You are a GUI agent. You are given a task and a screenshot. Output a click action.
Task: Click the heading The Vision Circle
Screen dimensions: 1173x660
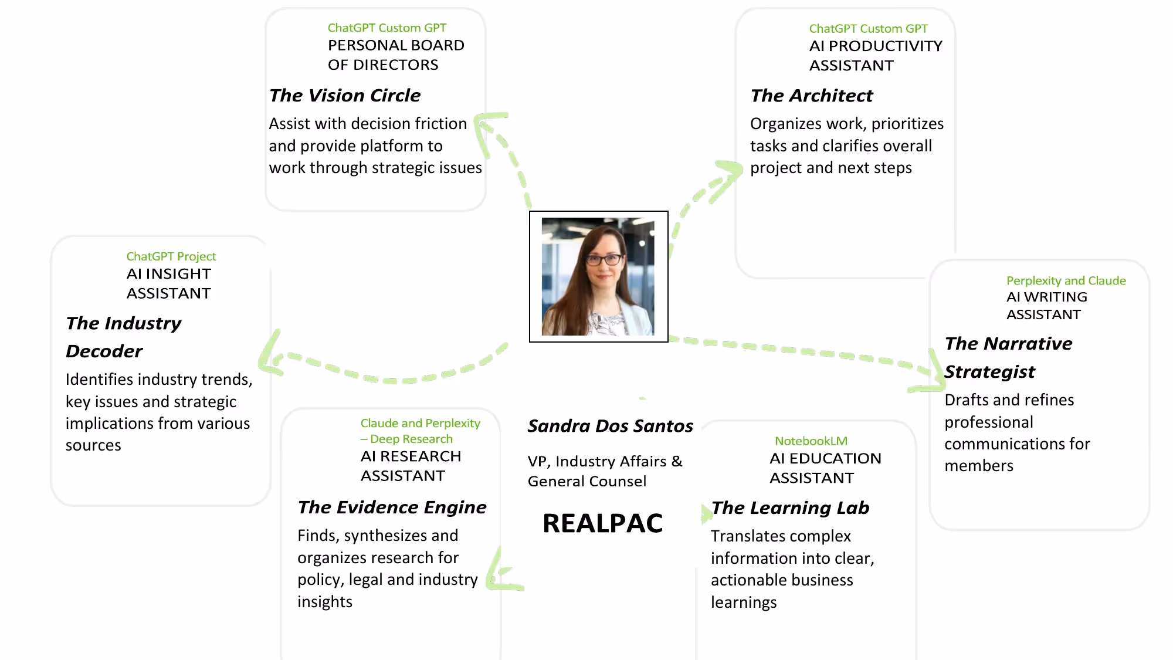point(345,95)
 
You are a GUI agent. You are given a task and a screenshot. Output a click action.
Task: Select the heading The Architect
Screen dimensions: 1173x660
point(812,95)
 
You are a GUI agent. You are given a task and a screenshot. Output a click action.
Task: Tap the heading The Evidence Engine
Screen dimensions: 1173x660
point(392,507)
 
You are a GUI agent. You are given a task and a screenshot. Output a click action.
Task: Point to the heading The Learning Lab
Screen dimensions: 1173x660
point(790,507)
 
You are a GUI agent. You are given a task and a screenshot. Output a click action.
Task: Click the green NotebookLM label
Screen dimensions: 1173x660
point(811,441)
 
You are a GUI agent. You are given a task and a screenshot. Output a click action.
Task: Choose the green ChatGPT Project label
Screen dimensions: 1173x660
point(171,256)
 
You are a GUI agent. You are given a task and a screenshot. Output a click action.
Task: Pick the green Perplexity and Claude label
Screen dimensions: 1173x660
point(1066,280)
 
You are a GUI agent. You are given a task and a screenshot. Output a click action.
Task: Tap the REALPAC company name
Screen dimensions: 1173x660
point(603,523)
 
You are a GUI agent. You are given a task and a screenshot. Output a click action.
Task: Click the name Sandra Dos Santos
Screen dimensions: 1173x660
point(611,425)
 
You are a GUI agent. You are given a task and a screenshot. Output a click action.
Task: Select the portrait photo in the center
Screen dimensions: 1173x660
point(598,276)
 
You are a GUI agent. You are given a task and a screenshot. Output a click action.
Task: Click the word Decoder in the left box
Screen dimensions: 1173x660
point(104,351)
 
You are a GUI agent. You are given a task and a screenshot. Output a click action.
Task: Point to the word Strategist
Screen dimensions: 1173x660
point(990,371)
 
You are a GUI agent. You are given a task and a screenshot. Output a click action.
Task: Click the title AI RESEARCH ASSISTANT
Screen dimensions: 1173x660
point(411,466)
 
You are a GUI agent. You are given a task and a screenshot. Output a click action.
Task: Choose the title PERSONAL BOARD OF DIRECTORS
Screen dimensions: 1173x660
point(396,55)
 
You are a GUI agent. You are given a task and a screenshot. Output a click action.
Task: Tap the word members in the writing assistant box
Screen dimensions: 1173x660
point(979,466)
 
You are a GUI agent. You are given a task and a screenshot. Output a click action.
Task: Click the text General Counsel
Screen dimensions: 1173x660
point(587,481)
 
